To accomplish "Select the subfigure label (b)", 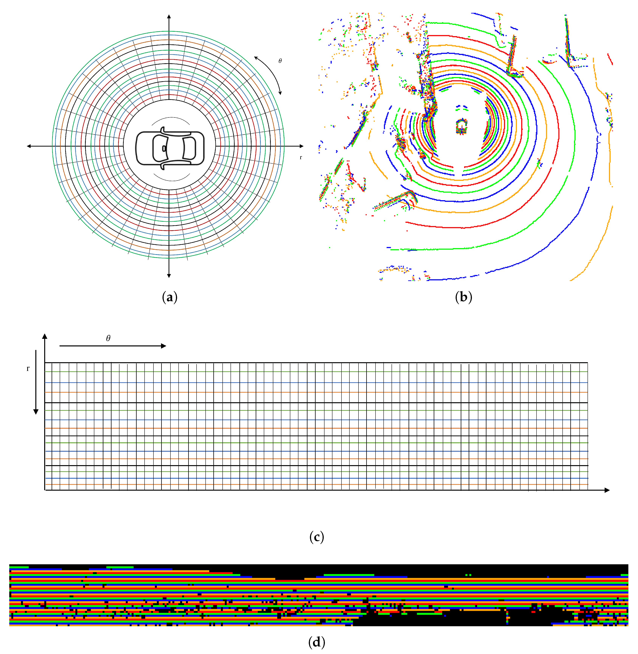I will point(463,297).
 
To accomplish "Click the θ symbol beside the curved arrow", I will point(280,61).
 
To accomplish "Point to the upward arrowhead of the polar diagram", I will point(169,17).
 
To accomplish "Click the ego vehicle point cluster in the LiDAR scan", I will point(461,126).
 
